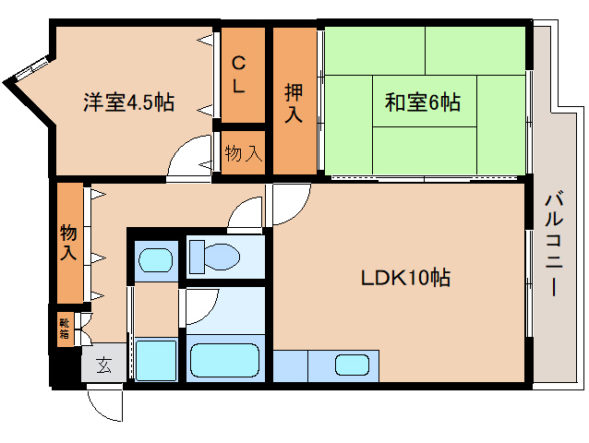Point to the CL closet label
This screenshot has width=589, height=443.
pyautogui.click(x=239, y=76)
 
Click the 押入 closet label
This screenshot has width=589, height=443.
pyautogui.click(x=294, y=102)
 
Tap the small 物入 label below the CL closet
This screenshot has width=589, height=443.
pyautogui.click(x=243, y=154)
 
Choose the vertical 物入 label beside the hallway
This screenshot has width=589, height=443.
pyautogui.click(x=68, y=241)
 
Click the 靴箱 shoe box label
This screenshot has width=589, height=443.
pyautogui.click(x=65, y=329)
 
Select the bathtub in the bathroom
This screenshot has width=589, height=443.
pyautogui.click(x=226, y=360)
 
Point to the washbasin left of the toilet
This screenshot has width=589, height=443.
pyautogui.click(x=155, y=258)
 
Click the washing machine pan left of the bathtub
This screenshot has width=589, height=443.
pyautogui.click(x=155, y=358)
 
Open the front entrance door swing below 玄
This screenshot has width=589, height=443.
pyautogui.click(x=102, y=401)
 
